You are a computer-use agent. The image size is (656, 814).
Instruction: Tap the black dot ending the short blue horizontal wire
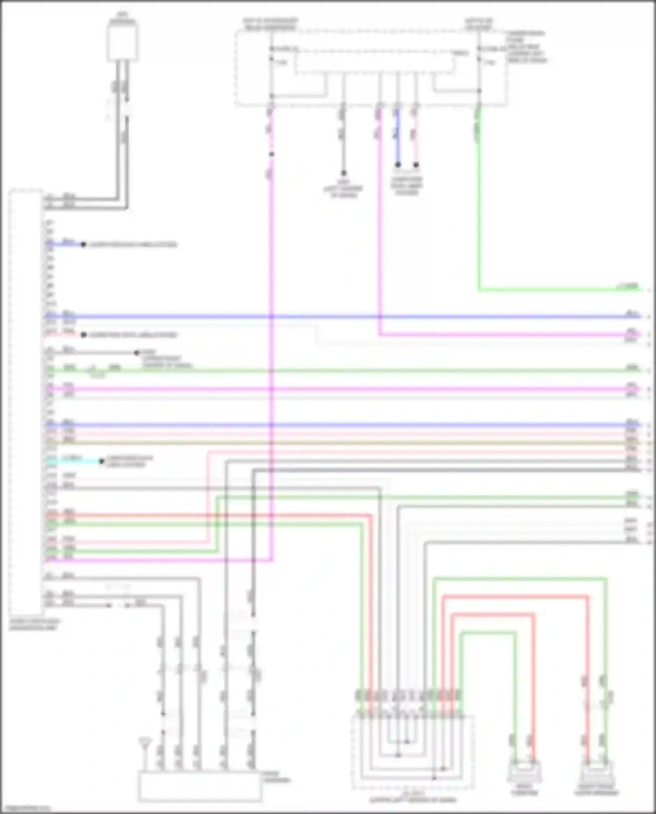[83, 245]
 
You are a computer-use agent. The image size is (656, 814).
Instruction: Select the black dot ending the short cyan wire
[101, 461]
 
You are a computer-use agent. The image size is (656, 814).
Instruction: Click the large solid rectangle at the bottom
[200, 787]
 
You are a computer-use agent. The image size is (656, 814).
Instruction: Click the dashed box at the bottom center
[412, 752]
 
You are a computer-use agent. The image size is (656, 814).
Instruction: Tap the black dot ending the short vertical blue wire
[398, 165]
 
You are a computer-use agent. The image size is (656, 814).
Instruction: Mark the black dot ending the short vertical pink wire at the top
[416, 165]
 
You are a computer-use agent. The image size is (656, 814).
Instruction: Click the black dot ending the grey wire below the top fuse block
[344, 173]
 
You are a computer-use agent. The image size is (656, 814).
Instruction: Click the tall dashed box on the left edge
[25, 402]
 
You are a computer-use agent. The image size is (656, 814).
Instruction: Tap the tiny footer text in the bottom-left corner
[26, 809]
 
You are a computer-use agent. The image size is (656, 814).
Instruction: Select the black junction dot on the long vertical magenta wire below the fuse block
[272, 154]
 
